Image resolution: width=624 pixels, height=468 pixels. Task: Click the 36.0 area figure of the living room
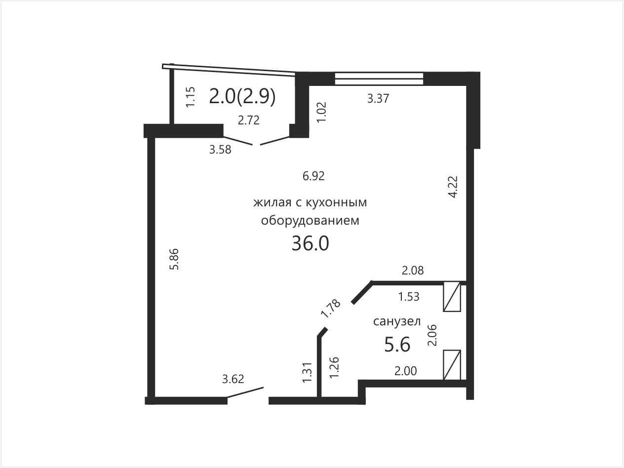coord(310,243)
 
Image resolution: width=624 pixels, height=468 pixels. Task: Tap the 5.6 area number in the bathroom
coord(397,345)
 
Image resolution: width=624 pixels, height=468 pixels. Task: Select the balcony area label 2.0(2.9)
coord(242,97)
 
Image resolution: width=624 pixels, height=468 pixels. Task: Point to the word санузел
coord(397,321)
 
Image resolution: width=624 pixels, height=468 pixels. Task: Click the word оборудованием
coord(310,221)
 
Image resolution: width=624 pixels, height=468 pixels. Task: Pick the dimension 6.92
coord(313,176)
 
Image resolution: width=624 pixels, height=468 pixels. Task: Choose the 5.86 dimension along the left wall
coord(174,259)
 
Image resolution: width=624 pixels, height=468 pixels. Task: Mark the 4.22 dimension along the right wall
coord(453,187)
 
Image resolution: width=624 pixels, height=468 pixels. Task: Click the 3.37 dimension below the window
coord(378,99)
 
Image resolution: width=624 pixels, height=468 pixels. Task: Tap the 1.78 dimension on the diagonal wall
coord(331,309)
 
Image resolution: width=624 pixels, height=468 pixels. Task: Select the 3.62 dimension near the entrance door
coord(233,379)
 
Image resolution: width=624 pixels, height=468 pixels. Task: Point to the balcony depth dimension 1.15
coord(191,97)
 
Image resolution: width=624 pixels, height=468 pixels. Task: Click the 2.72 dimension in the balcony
coord(249,120)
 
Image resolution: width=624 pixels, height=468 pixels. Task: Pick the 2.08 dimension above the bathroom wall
coord(413,271)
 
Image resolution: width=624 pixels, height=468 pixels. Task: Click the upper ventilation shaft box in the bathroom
coord(452,297)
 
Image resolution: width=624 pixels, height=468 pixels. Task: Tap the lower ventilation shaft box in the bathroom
coord(452,365)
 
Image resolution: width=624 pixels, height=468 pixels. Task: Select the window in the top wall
coord(379,78)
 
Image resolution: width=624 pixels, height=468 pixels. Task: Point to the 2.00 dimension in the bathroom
coord(406,371)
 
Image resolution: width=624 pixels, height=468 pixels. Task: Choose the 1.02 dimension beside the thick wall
coord(322,112)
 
